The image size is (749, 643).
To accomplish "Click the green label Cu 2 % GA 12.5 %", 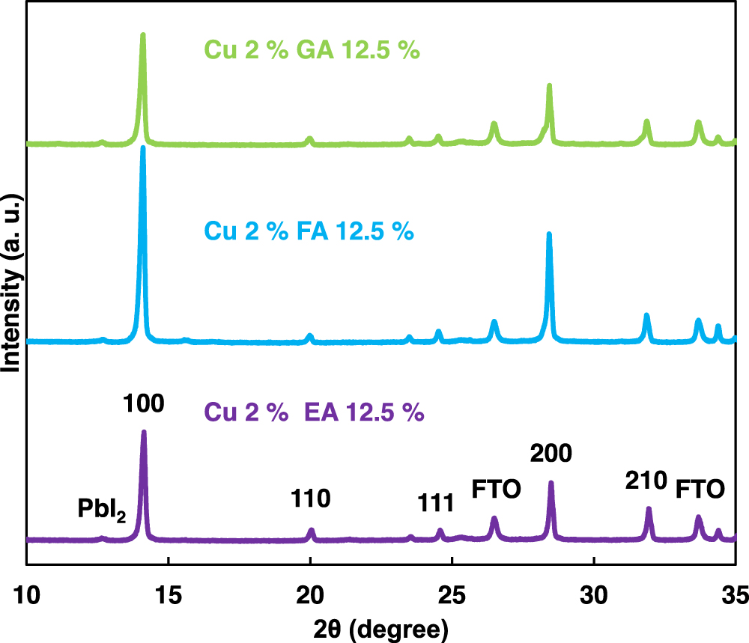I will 312,52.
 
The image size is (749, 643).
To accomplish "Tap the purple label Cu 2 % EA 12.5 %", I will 314,412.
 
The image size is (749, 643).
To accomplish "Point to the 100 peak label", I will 144,404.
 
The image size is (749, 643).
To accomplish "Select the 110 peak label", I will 311,498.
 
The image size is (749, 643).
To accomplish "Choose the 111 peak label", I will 435,503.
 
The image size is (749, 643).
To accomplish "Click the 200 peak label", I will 551,454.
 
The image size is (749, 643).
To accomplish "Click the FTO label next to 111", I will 496,490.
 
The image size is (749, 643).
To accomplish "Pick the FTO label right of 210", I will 700,490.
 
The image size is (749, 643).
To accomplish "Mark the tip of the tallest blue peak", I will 142,148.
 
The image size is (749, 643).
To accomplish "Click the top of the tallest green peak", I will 142,34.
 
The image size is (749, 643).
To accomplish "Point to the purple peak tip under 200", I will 551,483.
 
